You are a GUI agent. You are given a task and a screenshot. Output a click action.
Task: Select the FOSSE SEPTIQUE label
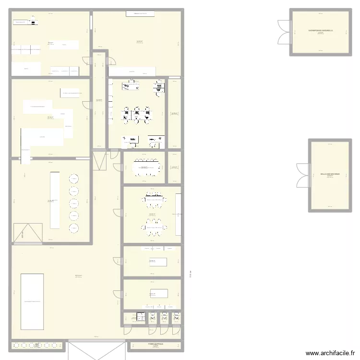point(155,344)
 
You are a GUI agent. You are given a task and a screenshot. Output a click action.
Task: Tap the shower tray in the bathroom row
point(142,316)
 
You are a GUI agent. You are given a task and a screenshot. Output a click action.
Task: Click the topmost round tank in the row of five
point(74,179)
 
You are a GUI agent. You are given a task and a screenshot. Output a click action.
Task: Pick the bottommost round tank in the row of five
point(74,228)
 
